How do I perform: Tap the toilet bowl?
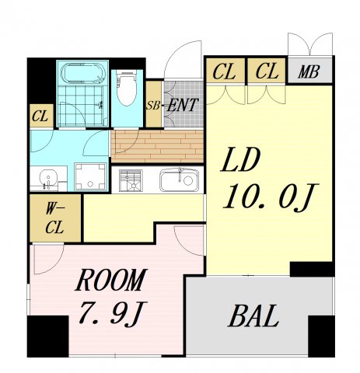pos(126,89)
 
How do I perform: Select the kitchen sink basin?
pos(179,180)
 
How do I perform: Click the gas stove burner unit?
pos(131,180)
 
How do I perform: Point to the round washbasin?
pos(48,178)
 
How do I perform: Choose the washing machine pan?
pos(90,177)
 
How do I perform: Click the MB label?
pos(309,71)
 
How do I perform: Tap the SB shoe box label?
pos(153,106)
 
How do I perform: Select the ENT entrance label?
pos(183,106)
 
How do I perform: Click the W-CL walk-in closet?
pos(55,218)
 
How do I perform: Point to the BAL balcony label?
pos(253,316)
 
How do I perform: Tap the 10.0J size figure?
pos(271,196)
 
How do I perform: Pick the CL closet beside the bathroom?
pos(41,116)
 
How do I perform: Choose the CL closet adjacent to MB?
pos(267,71)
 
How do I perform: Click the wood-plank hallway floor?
pos(157,146)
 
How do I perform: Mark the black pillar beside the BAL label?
pos(321,336)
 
